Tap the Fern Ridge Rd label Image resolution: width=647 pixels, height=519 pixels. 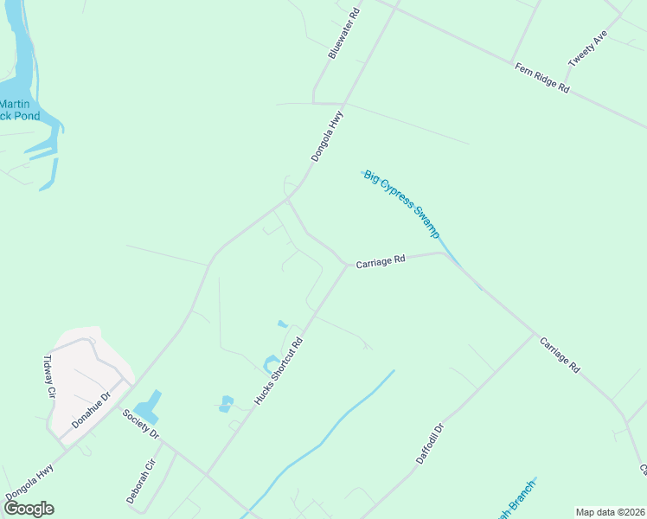tap(541, 78)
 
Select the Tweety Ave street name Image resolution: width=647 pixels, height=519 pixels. tap(588, 49)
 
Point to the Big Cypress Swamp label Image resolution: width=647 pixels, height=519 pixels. tap(402, 204)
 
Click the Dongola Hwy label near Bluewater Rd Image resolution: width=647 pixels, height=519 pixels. tap(328, 136)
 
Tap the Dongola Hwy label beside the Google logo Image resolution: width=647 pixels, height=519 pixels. tap(29, 482)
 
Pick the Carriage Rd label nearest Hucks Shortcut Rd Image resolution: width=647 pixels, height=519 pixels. tap(380, 259)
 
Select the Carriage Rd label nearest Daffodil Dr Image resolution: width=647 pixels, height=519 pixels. tap(560, 355)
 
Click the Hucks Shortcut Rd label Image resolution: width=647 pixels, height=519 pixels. tap(279, 370)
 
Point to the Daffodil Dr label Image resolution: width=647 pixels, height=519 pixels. tap(430, 444)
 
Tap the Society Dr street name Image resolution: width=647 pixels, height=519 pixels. tap(141, 424)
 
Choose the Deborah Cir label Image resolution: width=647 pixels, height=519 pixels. tap(140, 481)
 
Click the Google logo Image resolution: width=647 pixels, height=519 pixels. tap(28, 509)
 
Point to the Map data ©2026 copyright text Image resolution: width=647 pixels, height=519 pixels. tap(610, 512)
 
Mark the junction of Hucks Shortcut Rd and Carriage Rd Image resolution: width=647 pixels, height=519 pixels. tap(346, 266)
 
